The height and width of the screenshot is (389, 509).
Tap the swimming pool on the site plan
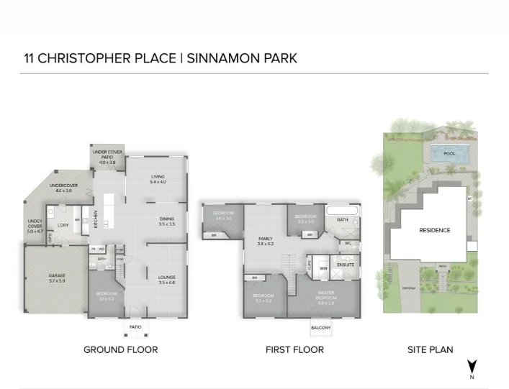[x=449, y=153]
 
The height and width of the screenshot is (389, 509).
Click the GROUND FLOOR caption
[x=120, y=350]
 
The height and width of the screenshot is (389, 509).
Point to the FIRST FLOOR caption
[x=294, y=350]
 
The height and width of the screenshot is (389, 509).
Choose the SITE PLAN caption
[x=431, y=350]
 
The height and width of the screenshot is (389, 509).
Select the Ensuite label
[x=345, y=265]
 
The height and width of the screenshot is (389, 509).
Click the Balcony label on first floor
[x=320, y=328]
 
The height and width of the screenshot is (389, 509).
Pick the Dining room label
[x=166, y=221]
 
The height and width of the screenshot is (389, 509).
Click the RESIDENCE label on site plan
[x=434, y=231]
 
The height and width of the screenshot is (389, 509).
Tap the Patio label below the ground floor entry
[x=135, y=326]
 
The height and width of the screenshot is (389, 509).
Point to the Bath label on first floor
[x=342, y=219]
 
